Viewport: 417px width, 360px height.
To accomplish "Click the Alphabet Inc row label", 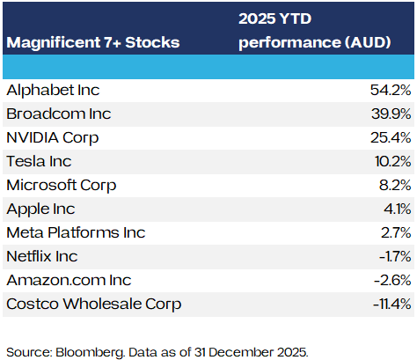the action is pyautogui.click(x=53, y=90).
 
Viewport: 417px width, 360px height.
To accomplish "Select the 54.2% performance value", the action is pyautogui.click(x=391, y=90).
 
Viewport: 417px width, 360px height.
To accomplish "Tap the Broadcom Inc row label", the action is pyautogui.click(x=59, y=114).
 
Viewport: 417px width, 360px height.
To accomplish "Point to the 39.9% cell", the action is pyautogui.click(x=391, y=114).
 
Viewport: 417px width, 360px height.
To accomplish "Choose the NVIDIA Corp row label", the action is pyautogui.click(x=53, y=138).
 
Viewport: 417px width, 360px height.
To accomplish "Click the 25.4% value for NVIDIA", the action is pyautogui.click(x=391, y=137).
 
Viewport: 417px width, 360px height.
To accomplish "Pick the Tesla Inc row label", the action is pyautogui.click(x=39, y=161).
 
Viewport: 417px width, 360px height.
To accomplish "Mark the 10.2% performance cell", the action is pyautogui.click(x=393, y=161).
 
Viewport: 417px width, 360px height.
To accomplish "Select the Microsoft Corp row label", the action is pyautogui.click(x=62, y=186).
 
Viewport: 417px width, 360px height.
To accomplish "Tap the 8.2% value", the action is pyautogui.click(x=395, y=185).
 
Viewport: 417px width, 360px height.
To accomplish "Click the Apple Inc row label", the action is pyautogui.click(x=40, y=209).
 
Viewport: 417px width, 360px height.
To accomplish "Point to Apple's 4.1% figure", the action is pyautogui.click(x=398, y=209).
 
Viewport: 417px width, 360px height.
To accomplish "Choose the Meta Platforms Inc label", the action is pyautogui.click(x=76, y=232).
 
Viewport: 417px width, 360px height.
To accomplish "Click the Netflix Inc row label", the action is pyautogui.click(x=42, y=256).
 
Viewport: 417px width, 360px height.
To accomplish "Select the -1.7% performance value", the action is pyautogui.click(x=395, y=256).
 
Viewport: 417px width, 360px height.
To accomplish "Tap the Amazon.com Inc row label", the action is pyautogui.click(x=69, y=280).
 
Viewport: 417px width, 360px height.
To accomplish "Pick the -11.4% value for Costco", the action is pyautogui.click(x=392, y=304).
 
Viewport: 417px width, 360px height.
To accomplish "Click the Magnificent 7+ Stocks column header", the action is pyautogui.click(x=93, y=42).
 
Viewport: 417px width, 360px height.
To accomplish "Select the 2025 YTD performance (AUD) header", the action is pyautogui.click(x=315, y=31).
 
